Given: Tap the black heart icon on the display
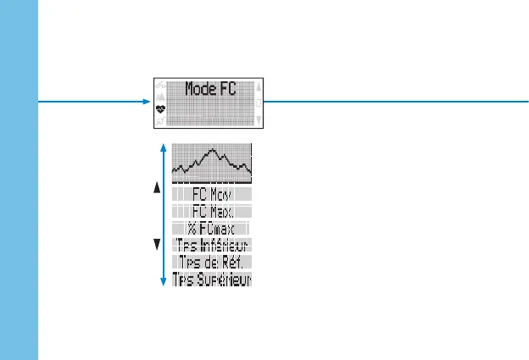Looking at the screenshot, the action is point(160,108).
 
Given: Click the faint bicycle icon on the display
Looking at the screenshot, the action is point(160,85).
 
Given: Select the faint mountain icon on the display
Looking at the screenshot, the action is point(160,97).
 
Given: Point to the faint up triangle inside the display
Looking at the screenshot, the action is point(259,86).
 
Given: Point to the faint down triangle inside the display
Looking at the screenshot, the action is point(259,120).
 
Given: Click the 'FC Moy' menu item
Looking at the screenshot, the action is point(212,194).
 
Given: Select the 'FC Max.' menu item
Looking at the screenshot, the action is point(212,211).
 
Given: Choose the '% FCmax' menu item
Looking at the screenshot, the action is point(212,228).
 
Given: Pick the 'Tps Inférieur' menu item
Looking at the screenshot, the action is point(212,245).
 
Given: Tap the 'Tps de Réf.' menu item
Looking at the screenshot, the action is point(212,262).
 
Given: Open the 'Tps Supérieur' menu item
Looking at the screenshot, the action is point(212,278).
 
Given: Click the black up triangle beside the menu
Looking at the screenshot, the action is point(157,189).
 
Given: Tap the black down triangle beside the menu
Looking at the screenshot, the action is point(157,245).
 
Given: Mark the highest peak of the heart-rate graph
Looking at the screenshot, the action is point(214,151).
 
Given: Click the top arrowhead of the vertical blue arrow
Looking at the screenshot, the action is point(162,147).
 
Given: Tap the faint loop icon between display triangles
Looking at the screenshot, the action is point(259,102).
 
